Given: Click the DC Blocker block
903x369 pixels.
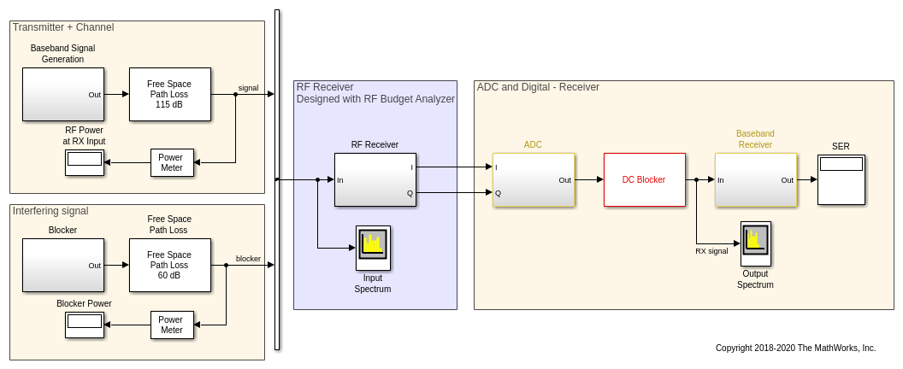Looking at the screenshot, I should click(644, 179).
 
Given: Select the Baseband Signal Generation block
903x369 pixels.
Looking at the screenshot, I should click(62, 94).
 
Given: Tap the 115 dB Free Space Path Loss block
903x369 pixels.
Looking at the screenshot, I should click(169, 94).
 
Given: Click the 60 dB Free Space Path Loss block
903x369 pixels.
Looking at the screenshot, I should click(169, 265).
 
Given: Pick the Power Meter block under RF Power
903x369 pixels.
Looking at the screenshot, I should click(172, 162).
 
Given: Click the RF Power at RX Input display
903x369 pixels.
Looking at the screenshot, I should click(85, 162).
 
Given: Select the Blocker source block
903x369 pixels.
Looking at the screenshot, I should click(62, 265).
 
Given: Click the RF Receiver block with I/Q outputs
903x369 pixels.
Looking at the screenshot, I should click(375, 179).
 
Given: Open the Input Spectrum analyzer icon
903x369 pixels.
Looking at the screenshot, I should click(373, 243).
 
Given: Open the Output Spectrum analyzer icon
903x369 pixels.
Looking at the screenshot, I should click(755, 238).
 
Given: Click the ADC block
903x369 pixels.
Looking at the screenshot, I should click(533, 179).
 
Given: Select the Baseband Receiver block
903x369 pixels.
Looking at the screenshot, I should click(755, 179).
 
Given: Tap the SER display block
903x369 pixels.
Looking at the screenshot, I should click(841, 179).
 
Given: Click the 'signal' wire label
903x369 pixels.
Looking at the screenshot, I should click(248, 88).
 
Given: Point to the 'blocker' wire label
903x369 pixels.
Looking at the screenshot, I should click(248, 259).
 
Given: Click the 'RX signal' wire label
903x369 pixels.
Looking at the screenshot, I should click(711, 251).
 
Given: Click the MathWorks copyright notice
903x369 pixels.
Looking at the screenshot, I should click(795, 348).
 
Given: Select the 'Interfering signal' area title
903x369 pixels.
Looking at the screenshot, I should click(50, 211).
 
